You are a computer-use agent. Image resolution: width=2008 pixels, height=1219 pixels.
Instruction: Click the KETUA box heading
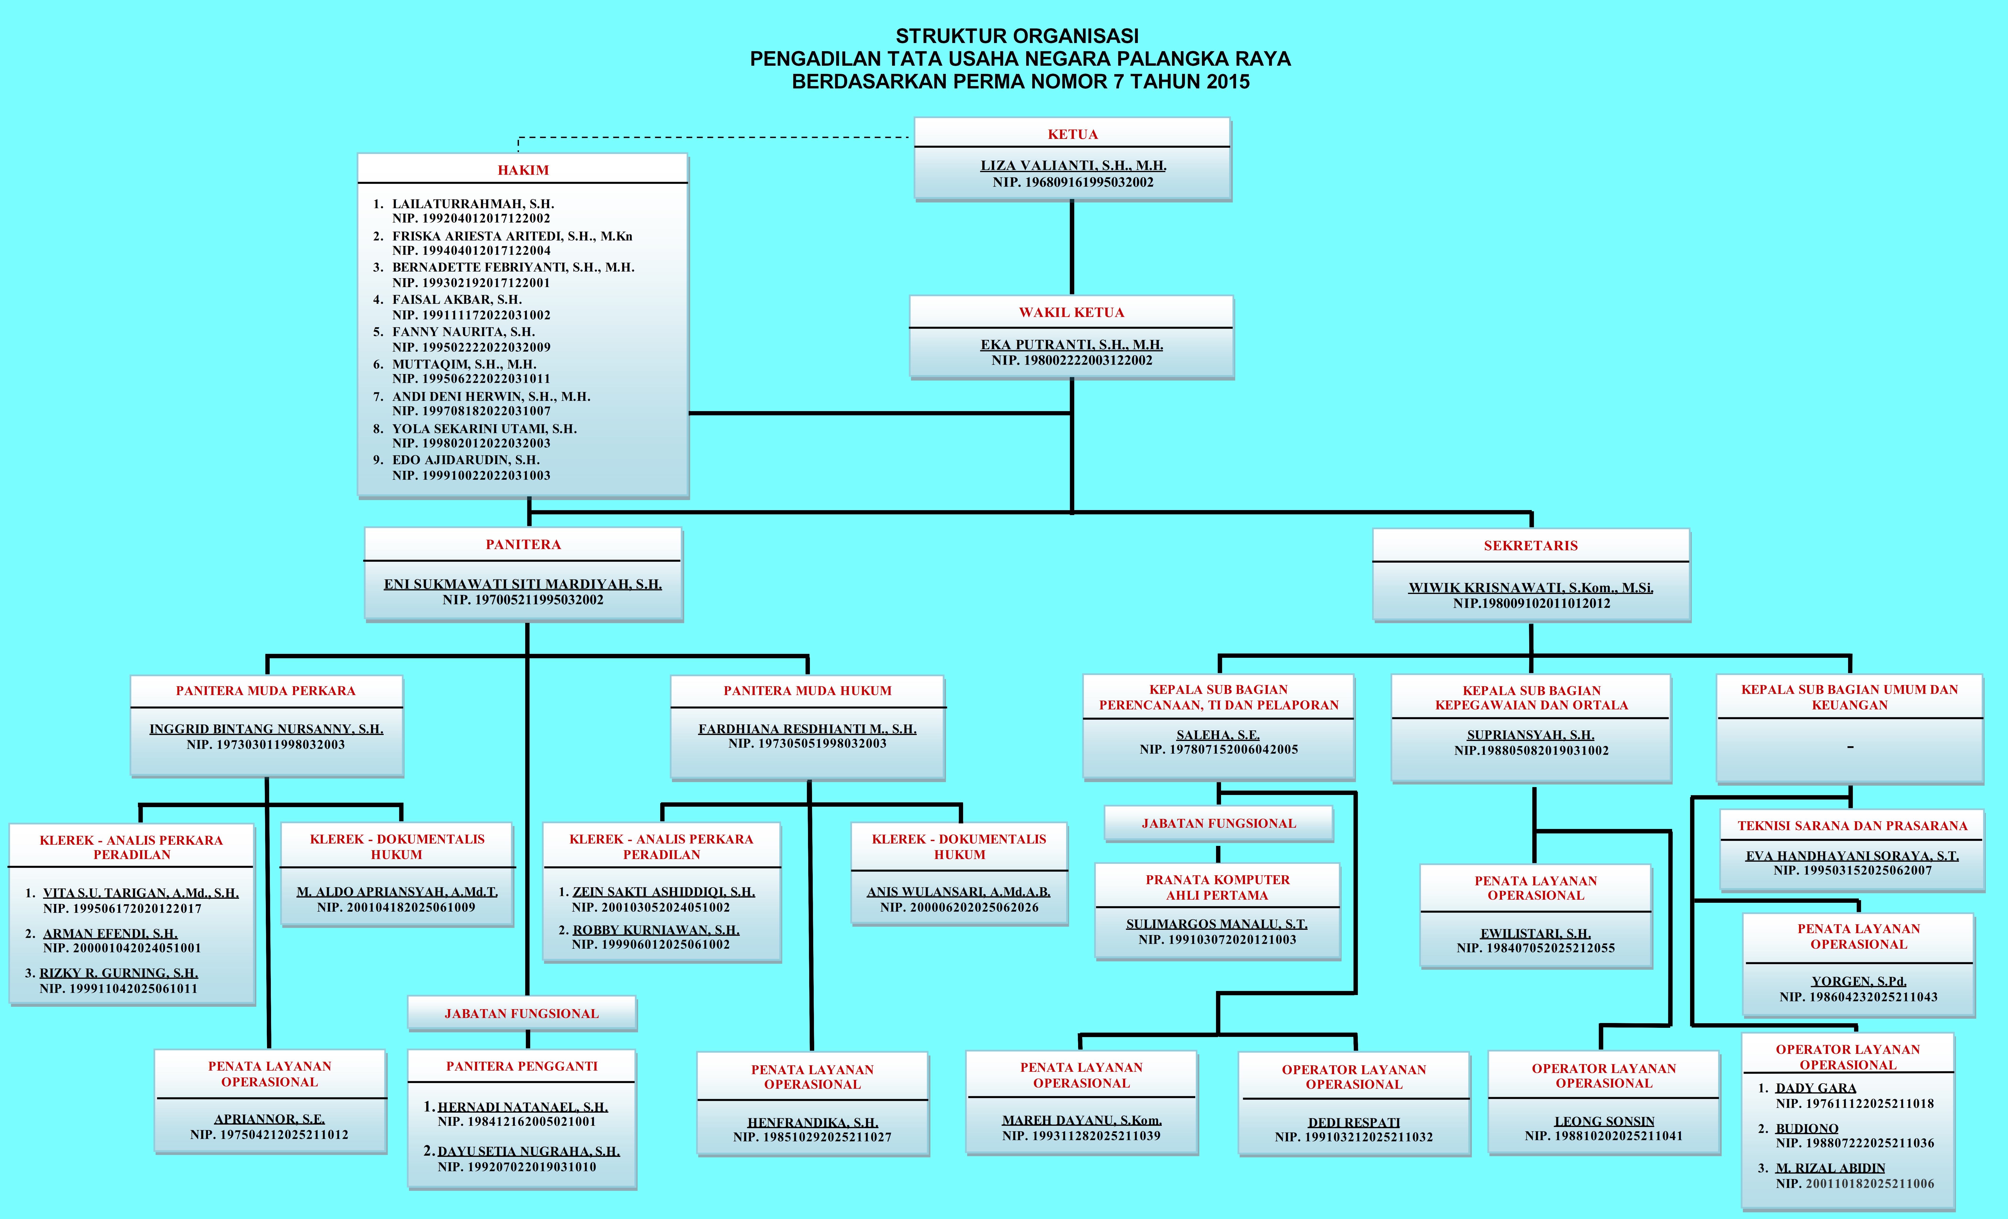[x=1072, y=134]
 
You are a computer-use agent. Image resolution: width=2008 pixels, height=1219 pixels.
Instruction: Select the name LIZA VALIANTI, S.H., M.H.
[x=1072, y=165]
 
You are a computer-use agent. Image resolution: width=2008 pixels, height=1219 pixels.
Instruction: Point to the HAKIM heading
[x=523, y=170]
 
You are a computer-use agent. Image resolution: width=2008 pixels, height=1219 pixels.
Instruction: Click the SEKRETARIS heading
[x=1530, y=546]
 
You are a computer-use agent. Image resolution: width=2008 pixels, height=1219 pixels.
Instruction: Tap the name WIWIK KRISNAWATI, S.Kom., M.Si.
[x=1530, y=588]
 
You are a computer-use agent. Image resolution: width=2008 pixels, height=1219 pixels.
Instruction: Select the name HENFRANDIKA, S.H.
[x=813, y=1123]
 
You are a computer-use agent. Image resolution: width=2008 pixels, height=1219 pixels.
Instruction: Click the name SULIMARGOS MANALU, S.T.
[x=1217, y=924]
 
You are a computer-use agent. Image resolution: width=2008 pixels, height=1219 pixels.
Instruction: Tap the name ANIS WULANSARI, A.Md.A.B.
[x=958, y=892]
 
